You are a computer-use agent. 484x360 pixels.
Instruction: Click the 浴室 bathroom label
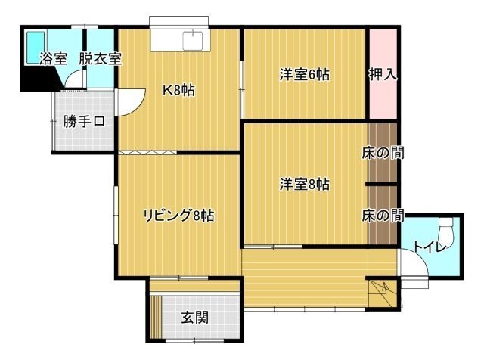tap(53, 59)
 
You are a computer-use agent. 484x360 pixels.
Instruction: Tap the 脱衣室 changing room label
tap(101, 59)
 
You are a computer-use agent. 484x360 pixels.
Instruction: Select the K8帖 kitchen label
tap(178, 90)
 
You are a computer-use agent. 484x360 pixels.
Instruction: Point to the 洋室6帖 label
tap(305, 75)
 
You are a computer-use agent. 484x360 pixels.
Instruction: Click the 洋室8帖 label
tap(305, 185)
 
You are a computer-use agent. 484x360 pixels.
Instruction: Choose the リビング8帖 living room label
tap(178, 216)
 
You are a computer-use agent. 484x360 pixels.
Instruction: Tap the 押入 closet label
tap(383, 74)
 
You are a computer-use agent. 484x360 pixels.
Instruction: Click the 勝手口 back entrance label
tap(84, 122)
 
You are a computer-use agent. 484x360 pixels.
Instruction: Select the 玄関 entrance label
tap(195, 318)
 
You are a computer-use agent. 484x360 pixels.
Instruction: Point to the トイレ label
tap(430, 247)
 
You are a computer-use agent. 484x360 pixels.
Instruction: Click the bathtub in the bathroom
tap(36, 47)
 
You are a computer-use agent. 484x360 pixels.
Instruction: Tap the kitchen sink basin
tap(193, 40)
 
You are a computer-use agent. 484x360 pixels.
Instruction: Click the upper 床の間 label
tap(383, 153)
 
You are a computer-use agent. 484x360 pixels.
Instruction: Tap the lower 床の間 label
tap(383, 216)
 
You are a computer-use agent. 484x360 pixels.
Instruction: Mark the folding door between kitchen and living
tap(147, 153)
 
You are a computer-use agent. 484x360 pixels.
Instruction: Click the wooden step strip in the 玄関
tap(157, 318)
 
